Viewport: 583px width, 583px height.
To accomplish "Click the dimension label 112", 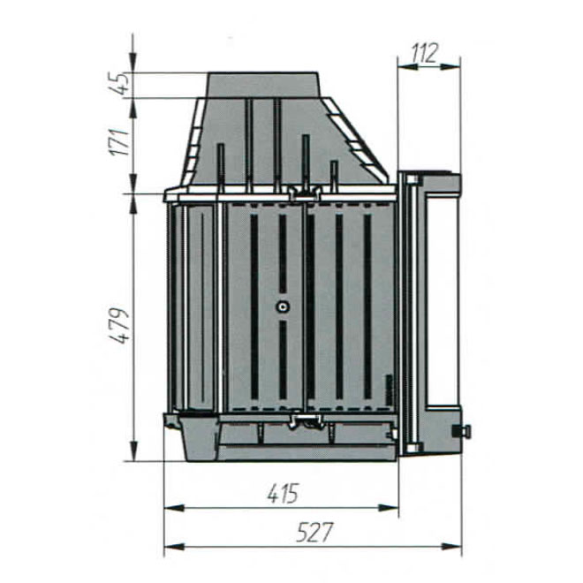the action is tap(425, 53).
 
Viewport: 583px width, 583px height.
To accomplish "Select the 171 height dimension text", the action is tap(121, 142).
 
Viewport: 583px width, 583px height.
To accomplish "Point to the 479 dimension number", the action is tap(121, 326).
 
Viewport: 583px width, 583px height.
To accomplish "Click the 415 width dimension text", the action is tap(283, 494).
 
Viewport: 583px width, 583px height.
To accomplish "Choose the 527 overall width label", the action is tap(314, 533).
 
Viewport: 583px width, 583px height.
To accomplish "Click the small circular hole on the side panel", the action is tap(283, 307).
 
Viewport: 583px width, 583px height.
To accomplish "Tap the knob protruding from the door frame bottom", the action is tap(461, 431).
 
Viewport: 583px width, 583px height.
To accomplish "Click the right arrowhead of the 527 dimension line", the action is tap(451, 547).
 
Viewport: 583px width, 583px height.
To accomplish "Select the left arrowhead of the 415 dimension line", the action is tap(174, 508).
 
